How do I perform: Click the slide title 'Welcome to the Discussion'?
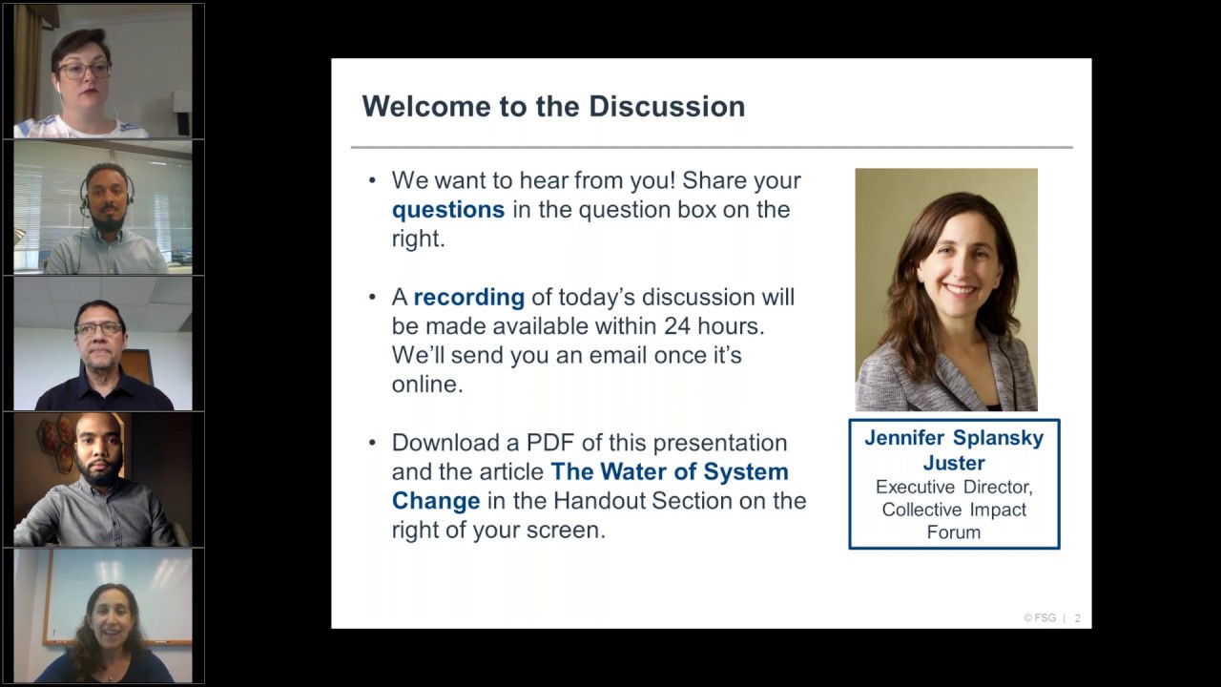[x=553, y=106]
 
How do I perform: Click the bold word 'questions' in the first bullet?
[x=447, y=210]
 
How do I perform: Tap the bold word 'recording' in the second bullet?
[x=468, y=298]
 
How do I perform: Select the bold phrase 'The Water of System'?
[x=670, y=471]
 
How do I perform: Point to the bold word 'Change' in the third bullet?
[x=436, y=501]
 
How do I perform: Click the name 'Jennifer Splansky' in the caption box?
[x=954, y=438]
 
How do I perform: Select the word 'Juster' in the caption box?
[x=954, y=463]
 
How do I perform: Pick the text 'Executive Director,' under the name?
[x=954, y=487]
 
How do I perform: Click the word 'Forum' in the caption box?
[x=954, y=531]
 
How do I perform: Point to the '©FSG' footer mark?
[x=1040, y=618]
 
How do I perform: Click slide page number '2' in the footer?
[x=1078, y=618]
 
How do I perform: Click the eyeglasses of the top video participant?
[x=85, y=70]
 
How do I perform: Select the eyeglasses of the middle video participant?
[x=99, y=328]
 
